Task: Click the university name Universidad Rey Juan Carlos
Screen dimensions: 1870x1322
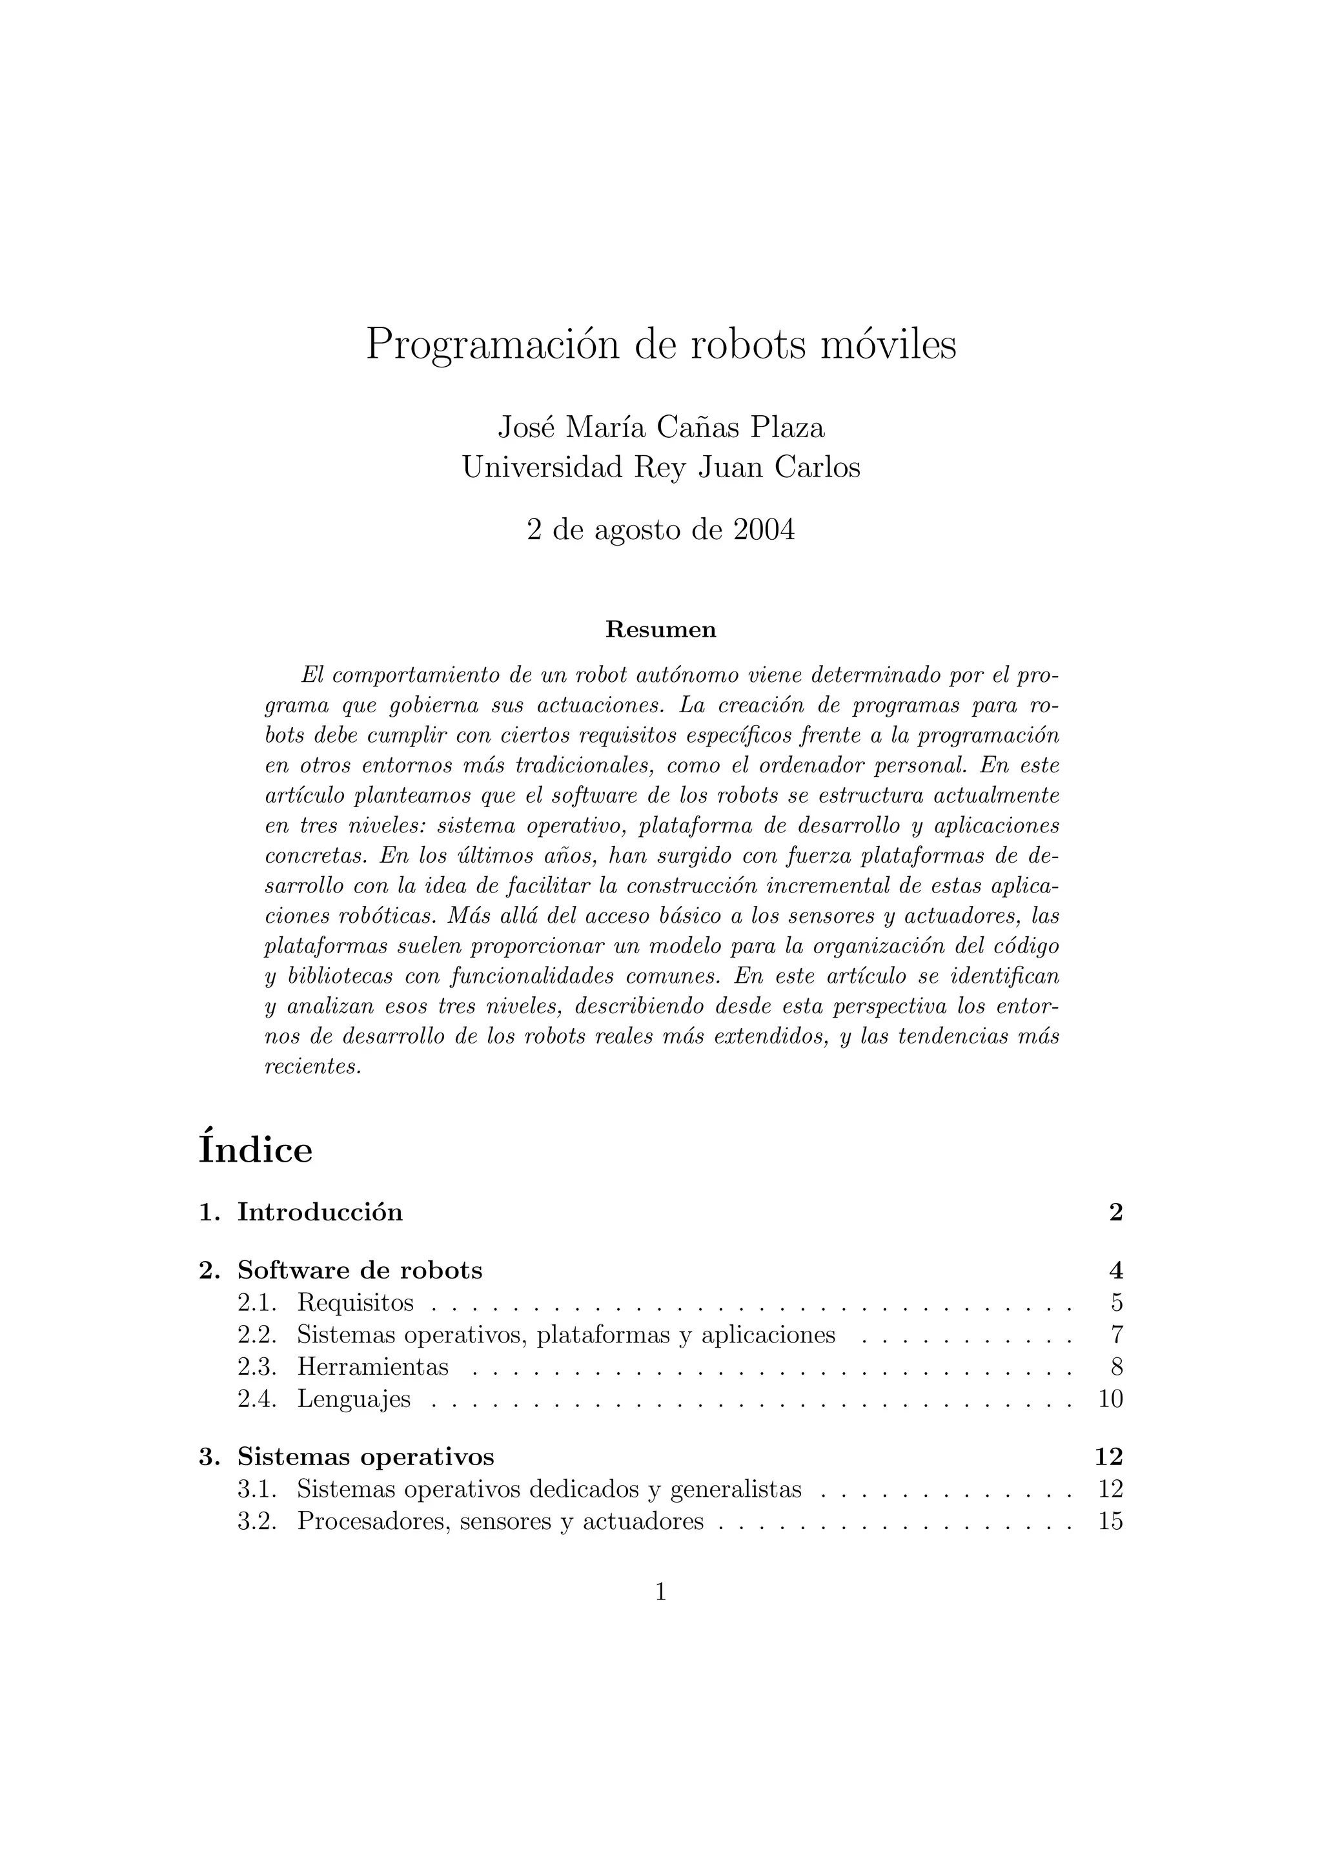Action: tap(661, 467)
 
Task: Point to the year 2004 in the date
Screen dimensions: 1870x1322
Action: tap(764, 530)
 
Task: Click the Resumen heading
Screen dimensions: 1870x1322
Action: tap(661, 630)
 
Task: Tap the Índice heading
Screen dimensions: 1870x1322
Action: tap(256, 1150)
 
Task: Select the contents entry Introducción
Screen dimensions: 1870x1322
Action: tap(320, 1212)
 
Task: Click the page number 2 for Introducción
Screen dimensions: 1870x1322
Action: tap(1115, 1212)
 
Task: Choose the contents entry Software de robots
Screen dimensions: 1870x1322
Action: tap(360, 1271)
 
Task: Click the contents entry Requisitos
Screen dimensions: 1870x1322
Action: tap(355, 1303)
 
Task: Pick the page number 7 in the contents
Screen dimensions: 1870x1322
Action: tap(1116, 1335)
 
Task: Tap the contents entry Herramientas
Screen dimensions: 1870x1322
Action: tap(373, 1367)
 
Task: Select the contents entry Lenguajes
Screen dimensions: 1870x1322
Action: tap(354, 1399)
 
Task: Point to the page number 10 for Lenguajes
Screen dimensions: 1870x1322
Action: tap(1110, 1399)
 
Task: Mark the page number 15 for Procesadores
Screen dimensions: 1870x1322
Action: tap(1110, 1521)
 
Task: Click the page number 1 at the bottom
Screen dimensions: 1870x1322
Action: tap(661, 1592)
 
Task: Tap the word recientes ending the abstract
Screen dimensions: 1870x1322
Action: tap(312, 1067)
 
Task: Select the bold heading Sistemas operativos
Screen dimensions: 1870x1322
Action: tap(365, 1456)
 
